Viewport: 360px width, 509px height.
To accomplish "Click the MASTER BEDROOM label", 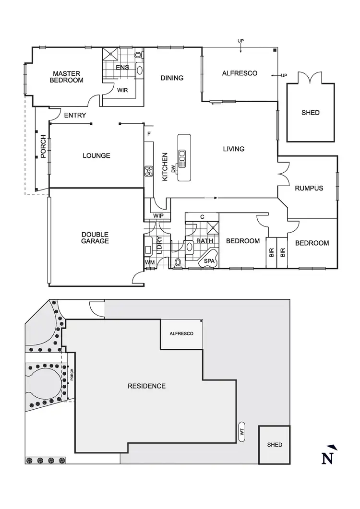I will [66, 77].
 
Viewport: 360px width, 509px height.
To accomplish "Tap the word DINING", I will [172, 78].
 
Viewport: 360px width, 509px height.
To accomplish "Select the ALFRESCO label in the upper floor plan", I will [240, 73].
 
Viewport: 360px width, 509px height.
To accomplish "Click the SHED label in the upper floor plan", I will [311, 113].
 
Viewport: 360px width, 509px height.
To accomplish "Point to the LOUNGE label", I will [96, 155].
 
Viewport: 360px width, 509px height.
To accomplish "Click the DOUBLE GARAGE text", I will [95, 237].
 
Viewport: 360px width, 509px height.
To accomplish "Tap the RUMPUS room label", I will [309, 188].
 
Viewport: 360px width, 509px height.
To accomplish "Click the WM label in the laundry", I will [149, 262].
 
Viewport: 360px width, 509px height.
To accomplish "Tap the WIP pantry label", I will [159, 216].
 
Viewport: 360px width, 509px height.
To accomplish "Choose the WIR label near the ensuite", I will [122, 90].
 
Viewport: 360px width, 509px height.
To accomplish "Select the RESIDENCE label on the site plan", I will [146, 386].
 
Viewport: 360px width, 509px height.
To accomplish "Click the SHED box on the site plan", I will [275, 445].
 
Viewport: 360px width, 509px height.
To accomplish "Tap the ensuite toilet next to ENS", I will [139, 56].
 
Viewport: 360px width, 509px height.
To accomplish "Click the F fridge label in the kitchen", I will [149, 133].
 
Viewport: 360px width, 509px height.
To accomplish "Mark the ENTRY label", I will [75, 115].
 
